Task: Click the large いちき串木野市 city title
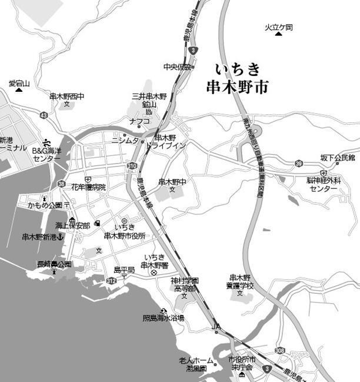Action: tap(238, 78)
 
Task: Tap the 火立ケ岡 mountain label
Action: tap(278, 27)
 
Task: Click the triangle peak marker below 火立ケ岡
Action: tap(278, 34)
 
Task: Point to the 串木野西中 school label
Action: tap(67, 97)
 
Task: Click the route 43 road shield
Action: tap(44, 115)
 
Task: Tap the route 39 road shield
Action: tap(299, 163)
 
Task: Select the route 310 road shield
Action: tap(134, 166)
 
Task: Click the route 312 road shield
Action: tap(111, 281)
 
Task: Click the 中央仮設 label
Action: tap(178, 67)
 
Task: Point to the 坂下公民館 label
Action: tap(337, 158)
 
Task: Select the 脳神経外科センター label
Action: tap(324, 184)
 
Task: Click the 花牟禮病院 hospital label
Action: tap(89, 187)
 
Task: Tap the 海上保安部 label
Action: tap(73, 225)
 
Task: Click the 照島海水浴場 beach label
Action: tap(163, 318)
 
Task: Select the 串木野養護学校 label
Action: tap(240, 281)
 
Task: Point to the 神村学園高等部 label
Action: tap(185, 285)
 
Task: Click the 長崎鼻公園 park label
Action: tap(54, 264)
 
